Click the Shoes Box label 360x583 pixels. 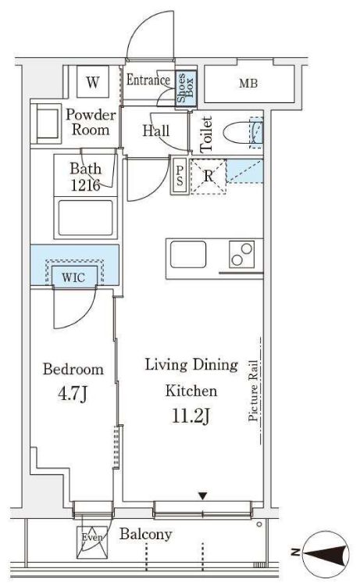[x=185, y=88]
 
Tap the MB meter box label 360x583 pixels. [x=248, y=84]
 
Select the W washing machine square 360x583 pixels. [x=93, y=81]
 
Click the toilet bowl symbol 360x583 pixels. [x=243, y=134]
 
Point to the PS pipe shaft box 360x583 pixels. [x=180, y=176]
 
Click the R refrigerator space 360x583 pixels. [x=208, y=177]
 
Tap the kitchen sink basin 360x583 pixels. [x=188, y=254]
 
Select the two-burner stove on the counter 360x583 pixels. [x=241, y=254]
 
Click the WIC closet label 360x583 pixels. [x=73, y=277]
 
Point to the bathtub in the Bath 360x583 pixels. [x=85, y=218]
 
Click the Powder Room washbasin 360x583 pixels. [x=46, y=124]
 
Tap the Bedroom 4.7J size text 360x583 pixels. [x=73, y=394]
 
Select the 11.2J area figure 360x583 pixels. [x=191, y=416]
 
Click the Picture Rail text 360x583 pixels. [x=253, y=390]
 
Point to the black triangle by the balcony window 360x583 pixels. [x=202, y=496]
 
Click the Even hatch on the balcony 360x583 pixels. [x=92, y=542]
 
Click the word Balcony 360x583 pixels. [x=145, y=535]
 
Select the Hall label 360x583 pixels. [x=156, y=131]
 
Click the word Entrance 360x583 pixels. [x=148, y=80]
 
